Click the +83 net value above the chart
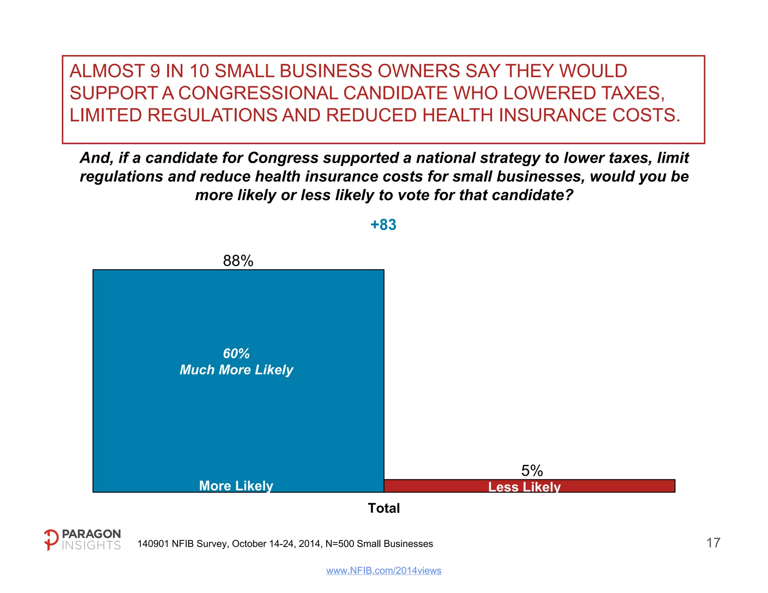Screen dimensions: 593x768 coord(383,225)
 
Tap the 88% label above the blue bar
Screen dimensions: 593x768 coord(238,261)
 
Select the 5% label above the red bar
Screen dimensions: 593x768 coord(532,471)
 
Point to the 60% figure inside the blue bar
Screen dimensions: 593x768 coord(236,353)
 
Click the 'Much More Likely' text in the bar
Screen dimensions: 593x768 coord(236,370)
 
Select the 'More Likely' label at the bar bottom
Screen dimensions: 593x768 coord(236,486)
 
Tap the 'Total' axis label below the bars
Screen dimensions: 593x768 coord(384,508)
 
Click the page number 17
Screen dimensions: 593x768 coord(713,543)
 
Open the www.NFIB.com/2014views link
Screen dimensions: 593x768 coord(384,571)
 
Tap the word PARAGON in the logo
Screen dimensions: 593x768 coord(91,534)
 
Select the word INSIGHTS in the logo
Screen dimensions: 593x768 coord(91,545)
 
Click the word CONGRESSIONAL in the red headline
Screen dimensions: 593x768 coord(258,93)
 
